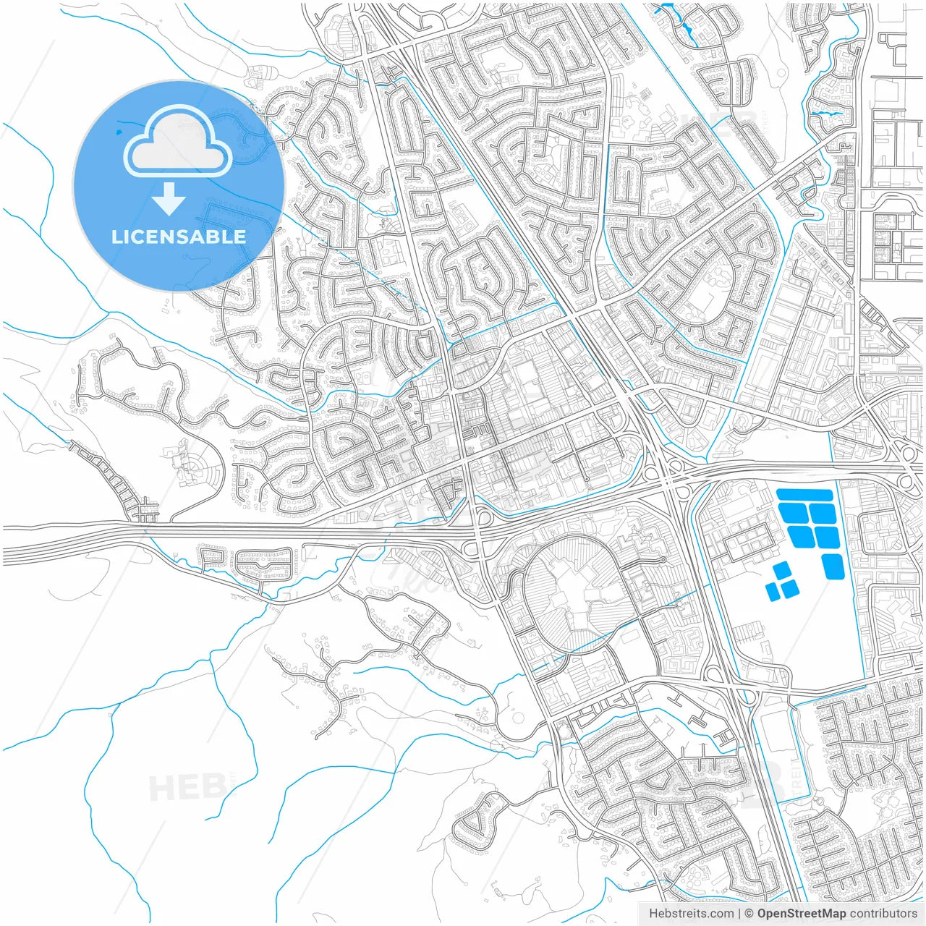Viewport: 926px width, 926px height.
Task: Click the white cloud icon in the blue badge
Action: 178,143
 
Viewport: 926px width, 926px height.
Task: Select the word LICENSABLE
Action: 179,237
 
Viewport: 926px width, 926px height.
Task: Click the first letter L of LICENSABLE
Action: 116,237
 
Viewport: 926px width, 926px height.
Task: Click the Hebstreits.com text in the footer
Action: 691,914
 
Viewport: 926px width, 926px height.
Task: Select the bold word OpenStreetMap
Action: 802,914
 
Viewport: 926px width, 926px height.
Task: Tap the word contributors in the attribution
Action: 883,914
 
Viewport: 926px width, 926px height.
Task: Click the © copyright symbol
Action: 749,914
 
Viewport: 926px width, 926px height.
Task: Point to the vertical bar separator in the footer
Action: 739,914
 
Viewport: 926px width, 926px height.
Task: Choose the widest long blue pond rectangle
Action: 804,496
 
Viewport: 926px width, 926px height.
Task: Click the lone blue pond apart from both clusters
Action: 833,566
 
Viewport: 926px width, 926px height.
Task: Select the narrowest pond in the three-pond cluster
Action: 773,591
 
